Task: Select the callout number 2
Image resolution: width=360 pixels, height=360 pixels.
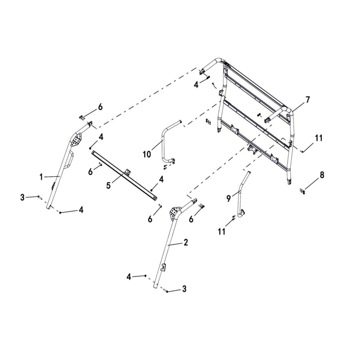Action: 186,242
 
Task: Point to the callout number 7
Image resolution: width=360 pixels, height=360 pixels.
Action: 307,100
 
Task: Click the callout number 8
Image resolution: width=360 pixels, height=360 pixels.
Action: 322,175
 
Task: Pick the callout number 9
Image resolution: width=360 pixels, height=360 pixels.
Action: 229,197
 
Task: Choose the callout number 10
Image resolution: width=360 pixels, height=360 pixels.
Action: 147,154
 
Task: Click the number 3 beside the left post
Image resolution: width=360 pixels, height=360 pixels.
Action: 22,197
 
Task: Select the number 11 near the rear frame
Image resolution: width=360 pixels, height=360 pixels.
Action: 318,138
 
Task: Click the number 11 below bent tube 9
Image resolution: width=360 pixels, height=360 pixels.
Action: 222,231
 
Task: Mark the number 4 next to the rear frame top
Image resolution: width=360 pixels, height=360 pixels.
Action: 196,84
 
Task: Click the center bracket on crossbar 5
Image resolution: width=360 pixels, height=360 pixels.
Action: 128,172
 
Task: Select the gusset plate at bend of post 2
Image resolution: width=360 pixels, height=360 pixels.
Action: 175,213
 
